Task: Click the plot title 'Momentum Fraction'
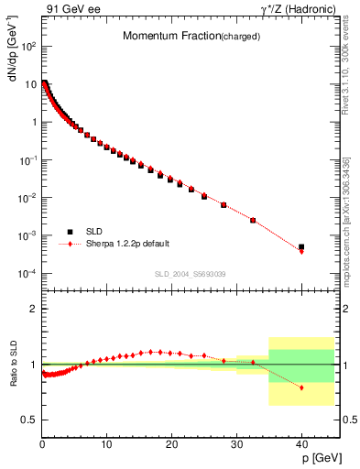tap(170, 37)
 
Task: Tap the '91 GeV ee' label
tap(71, 10)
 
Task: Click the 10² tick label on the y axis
tap(27, 46)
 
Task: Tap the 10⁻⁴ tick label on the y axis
tap(27, 274)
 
